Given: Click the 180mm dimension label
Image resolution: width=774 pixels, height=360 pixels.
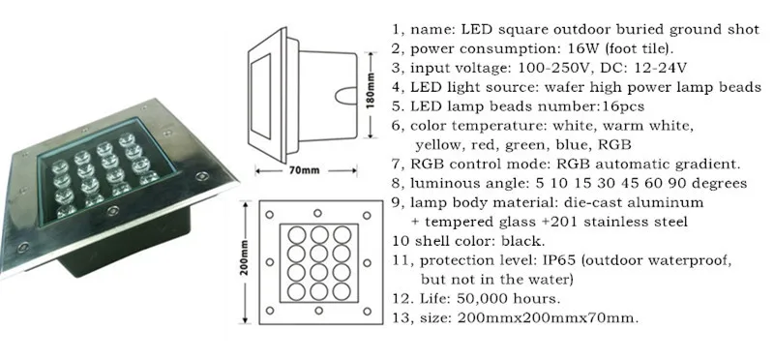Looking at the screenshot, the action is pyautogui.click(x=372, y=90).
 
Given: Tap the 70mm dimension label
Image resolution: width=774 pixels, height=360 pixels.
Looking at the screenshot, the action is pyautogui.click(x=303, y=171).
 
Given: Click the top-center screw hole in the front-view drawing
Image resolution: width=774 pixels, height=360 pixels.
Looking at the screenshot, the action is pyautogui.click(x=318, y=213).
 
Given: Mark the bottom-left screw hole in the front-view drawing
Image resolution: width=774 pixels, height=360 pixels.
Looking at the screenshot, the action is pyautogui.click(x=270, y=310).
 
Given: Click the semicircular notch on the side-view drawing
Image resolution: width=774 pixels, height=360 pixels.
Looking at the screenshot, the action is pyautogui.click(x=344, y=95).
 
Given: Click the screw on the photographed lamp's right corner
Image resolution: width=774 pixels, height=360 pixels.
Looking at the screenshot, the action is pyautogui.click(x=200, y=176).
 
